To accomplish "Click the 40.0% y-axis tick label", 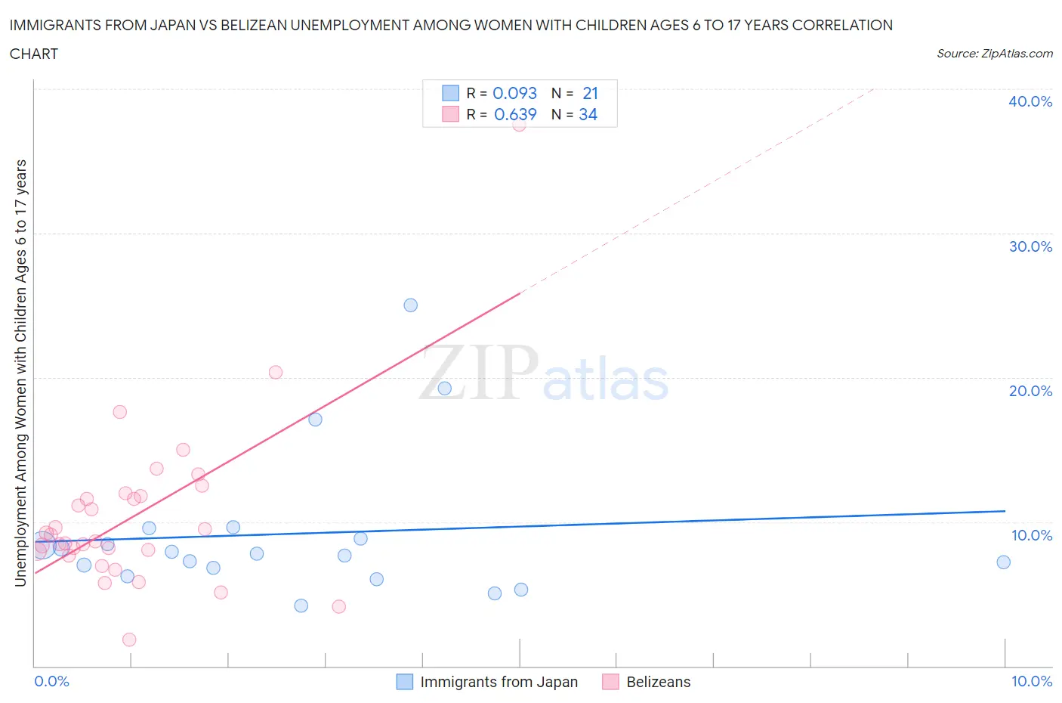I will coord(1030,101).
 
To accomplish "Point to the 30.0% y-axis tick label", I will coord(1030,246).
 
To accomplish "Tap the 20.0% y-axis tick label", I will coord(1030,391).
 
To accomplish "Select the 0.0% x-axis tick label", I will coord(51,681).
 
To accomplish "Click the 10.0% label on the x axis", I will coord(1031,681).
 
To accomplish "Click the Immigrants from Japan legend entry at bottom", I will coord(499,682).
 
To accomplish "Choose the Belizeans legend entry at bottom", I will coord(658,682).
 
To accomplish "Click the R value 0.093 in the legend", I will coord(514,93).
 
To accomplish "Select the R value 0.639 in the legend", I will coord(514,114).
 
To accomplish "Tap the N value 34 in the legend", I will coord(588,114).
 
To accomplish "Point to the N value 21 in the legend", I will coord(590,93).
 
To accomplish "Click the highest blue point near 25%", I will coord(410,305).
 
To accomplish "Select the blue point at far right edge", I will coord(1003,562).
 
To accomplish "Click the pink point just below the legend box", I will coord(519,125).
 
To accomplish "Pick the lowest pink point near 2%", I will coord(129,640).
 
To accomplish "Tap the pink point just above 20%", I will coord(276,372).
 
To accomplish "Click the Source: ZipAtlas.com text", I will coord(994,54).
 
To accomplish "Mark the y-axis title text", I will coord(21,373).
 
